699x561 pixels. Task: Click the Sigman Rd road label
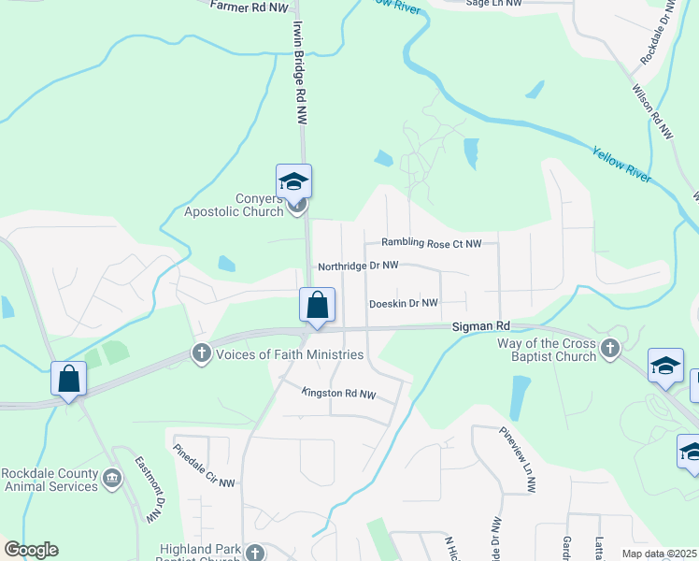481,326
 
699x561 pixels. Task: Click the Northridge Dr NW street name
358,266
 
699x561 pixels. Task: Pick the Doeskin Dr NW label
403,303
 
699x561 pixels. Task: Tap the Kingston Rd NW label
338,395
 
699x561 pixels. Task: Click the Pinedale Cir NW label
203,464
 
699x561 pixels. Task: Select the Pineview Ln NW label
517,461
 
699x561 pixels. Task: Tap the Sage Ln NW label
492,4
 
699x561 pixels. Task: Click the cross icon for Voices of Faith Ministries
201,353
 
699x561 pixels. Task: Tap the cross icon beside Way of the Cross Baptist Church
610,349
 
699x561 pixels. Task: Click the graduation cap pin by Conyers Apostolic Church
293,181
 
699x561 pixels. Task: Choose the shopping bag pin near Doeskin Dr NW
317,305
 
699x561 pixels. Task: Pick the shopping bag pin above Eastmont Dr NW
68,379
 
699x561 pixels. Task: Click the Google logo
31,550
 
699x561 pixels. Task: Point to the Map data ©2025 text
659,554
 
